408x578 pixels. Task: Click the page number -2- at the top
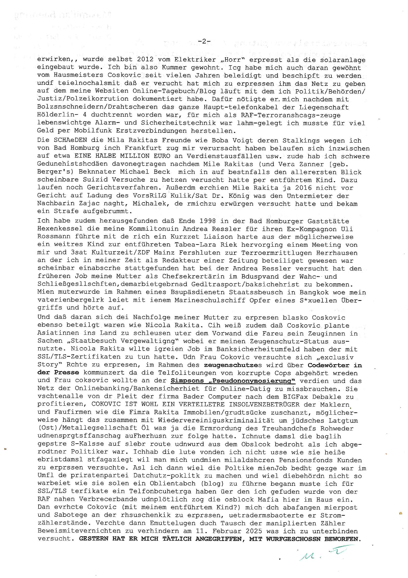tap(204, 41)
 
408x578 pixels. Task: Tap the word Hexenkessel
tap(60, 229)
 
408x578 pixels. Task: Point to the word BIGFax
tap(295, 397)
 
